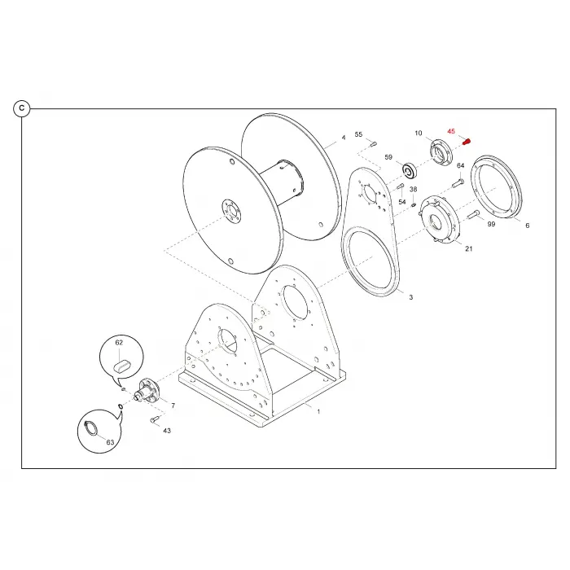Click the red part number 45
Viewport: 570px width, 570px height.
click(451, 131)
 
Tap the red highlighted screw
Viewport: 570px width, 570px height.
click(467, 142)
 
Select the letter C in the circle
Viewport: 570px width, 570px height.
click(22, 108)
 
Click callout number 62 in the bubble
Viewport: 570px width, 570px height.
click(119, 343)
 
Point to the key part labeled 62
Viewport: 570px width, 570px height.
click(122, 365)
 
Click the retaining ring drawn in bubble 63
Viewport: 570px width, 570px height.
click(91, 427)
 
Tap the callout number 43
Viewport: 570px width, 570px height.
click(167, 431)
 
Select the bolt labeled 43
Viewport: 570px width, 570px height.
click(155, 419)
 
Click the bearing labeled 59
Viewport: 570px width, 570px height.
click(410, 171)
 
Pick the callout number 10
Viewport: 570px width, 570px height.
click(419, 133)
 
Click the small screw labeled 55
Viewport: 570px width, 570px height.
click(373, 143)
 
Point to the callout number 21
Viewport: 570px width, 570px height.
click(469, 248)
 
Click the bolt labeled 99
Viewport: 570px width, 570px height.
click(472, 214)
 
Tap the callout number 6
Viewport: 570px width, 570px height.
click(528, 226)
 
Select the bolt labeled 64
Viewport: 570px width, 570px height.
click(458, 182)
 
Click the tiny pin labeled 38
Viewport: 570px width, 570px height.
click(414, 205)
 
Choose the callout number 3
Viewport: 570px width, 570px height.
click(411, 297)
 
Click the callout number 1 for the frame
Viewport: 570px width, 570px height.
click(319, 412)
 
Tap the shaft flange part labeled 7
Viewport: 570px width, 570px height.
click(147, 391)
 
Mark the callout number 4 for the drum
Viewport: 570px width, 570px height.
click(344, 138)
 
